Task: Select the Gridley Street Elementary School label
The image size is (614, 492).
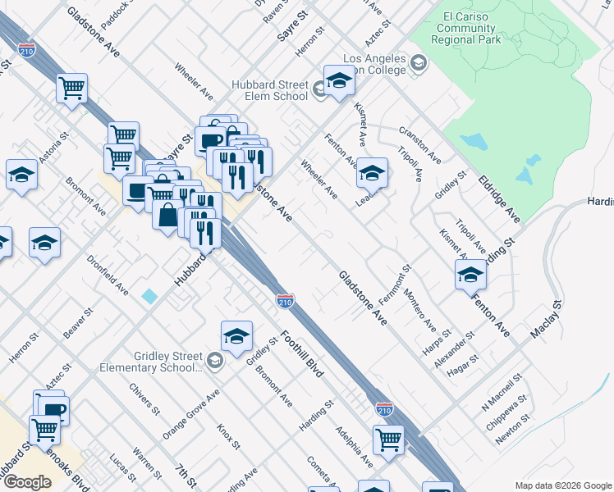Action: coord(168,362)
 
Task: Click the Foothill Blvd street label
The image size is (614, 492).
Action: coord(302,353)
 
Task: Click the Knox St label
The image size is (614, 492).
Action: coord(228,437)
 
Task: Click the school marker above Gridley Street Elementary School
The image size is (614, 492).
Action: coord(236,335)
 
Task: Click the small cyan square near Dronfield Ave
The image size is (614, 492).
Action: coord(149,295)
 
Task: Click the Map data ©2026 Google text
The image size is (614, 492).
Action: coord(563,485)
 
